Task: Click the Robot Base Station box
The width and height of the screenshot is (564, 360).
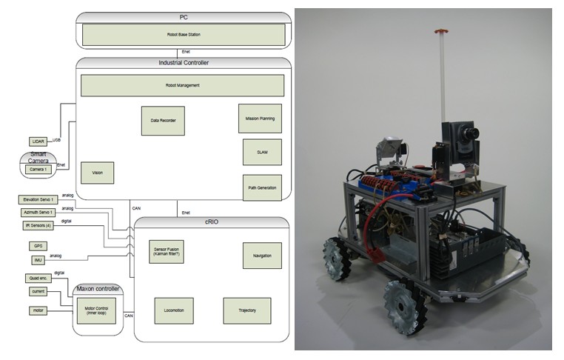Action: (182, 35)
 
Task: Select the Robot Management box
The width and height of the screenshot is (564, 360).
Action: (182, 85)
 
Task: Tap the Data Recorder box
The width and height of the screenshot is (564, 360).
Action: (162, 121)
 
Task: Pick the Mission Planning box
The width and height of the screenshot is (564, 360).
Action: (262, 119)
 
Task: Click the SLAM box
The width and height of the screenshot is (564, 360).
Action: (262, 152)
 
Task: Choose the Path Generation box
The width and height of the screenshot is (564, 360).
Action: (262, 187)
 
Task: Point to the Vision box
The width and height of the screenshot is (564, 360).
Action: (97, 173)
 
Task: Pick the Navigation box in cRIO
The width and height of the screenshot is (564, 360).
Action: (262, 256)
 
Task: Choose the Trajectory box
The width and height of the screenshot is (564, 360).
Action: (246, 310)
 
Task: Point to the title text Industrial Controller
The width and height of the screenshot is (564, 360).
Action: (183, 64)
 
